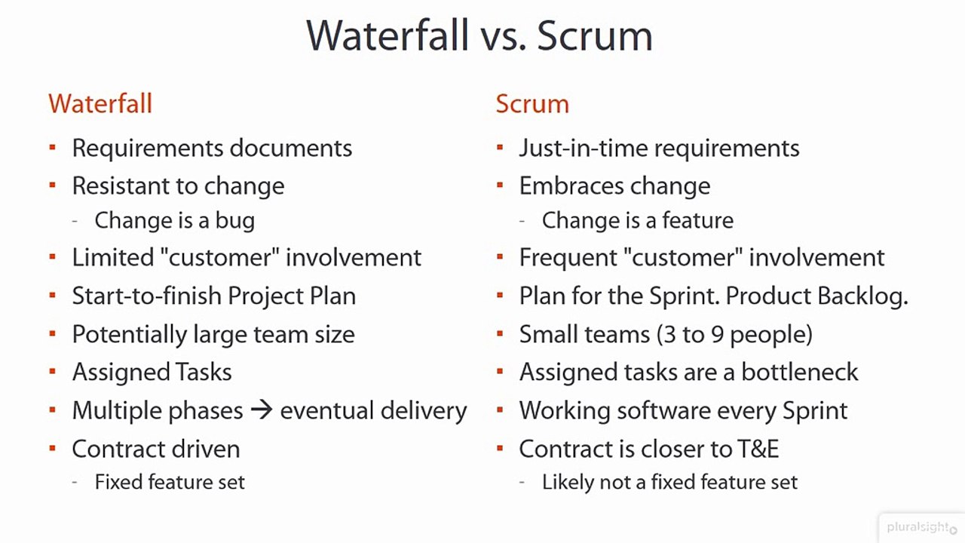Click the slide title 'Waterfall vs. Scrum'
pyautogui.click(x=479, y=35)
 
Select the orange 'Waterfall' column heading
pyautogui.click(x=100, y=103)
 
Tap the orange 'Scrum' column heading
pyautogui.click(x=532, y=103)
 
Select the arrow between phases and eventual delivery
pyautogui.click(x=261, y=411)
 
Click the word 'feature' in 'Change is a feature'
pyautogui.click(x=695, y=221)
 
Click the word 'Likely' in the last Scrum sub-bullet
pyautogui.click(x=566, y=483)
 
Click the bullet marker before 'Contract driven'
pyautogui.click(x=52, y=448)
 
